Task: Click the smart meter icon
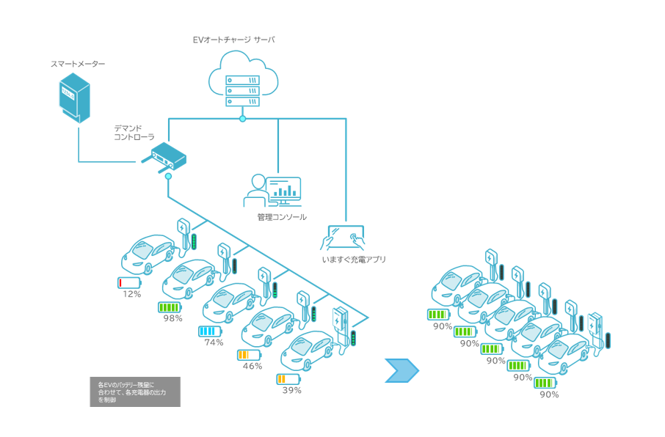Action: coord(74,98)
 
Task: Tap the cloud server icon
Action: coord(243,79)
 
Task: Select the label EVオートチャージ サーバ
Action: coord(233,40)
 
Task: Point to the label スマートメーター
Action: coord(78,64)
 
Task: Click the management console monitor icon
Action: coord(272,191)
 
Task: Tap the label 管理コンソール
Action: coord(282,217)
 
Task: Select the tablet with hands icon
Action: coord(343,238)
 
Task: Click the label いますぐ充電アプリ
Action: coord(354,260)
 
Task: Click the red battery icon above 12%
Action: coord(129,283)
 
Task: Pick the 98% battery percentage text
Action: coord(173,318)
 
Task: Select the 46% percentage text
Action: coord(252,366)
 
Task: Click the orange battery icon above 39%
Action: coord(288,379)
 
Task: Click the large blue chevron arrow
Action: coord(401,370)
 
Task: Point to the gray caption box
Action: coord(135,392)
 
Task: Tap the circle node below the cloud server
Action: coord(243,119)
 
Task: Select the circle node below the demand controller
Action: coord(168,176)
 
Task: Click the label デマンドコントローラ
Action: coord(134,133)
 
